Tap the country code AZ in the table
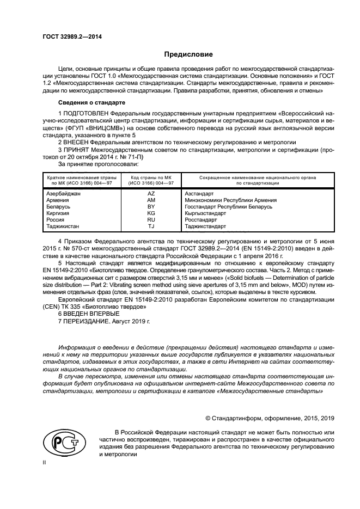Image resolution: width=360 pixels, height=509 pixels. (x=151, y=194)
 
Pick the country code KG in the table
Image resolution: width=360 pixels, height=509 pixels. (x=151, y=213)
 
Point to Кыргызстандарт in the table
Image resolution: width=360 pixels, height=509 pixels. (x=206, y=213)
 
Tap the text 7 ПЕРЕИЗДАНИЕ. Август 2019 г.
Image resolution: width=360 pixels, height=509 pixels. (x=103, y=322)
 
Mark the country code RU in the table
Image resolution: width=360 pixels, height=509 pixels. (x=151, y=220)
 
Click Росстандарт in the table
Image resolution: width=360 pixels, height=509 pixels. (x=201, y=220)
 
